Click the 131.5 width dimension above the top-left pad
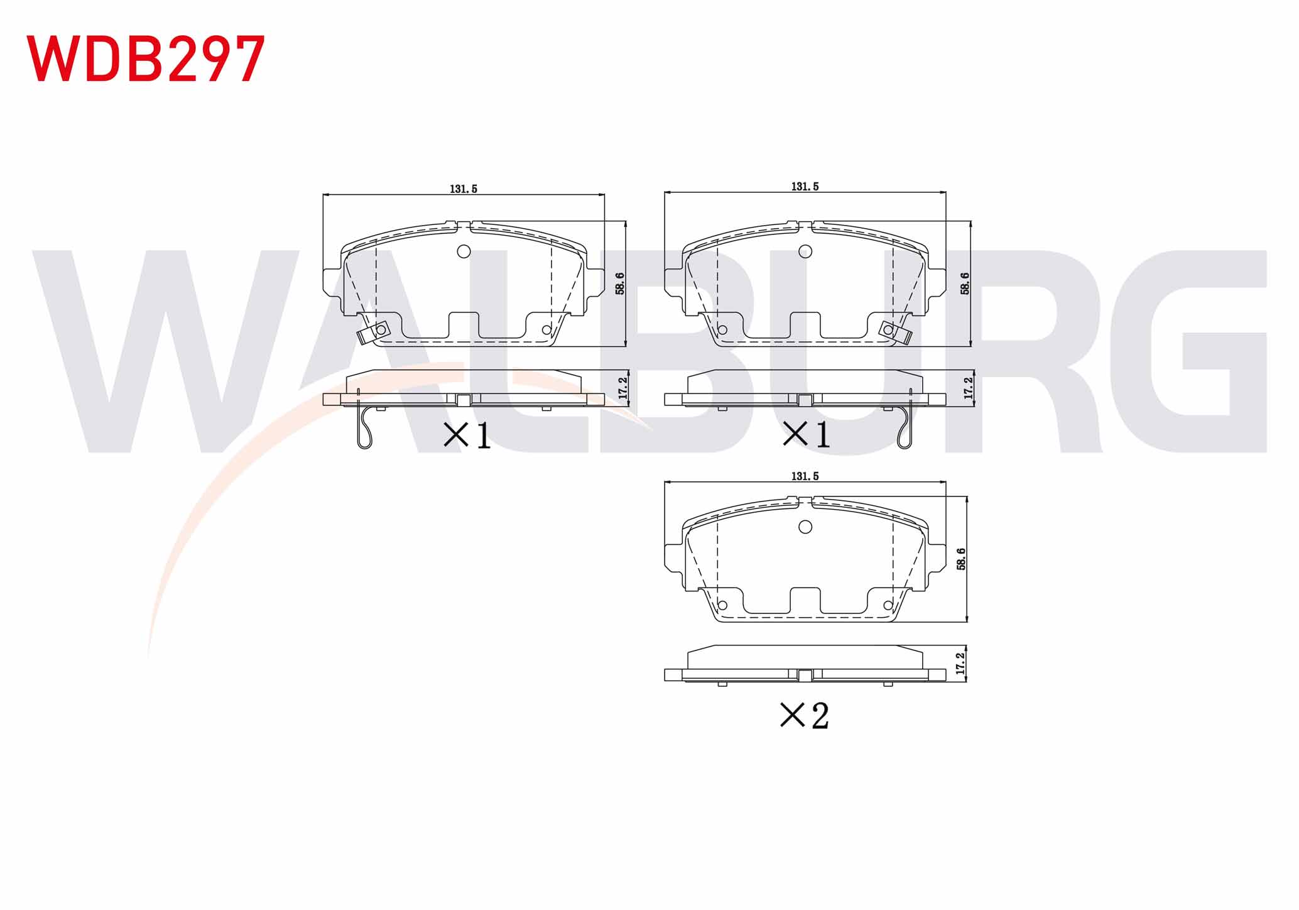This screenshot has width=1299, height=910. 464,189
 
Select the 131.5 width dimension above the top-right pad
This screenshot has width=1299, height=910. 805,187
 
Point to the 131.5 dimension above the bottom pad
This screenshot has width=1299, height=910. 805,476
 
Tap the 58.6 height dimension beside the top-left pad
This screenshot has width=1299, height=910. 620,283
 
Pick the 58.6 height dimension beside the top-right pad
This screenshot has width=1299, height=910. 965,283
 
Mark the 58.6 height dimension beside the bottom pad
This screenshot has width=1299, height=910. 961,559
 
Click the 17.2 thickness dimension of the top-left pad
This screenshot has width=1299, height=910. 623,388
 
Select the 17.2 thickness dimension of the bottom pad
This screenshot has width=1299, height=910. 960,664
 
